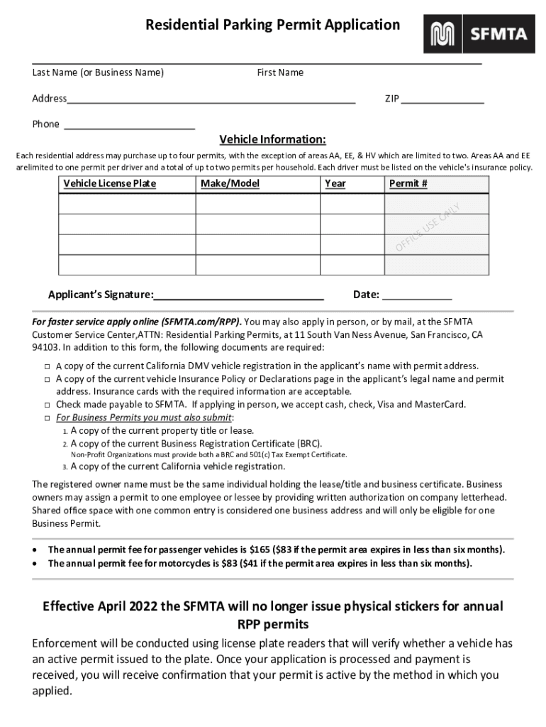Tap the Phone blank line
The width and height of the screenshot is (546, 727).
pyautogui.click(x=129, y=127)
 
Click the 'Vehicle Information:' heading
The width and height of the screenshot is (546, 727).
pyautogui.click(x=272, y=139)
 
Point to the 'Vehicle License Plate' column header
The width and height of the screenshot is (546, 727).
pyautogui.click(x=110, y=184)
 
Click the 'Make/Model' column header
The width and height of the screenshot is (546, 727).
pyautogui.click(x=230, y=184)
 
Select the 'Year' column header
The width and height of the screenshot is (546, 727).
pyautogui.click(x=335, y=184)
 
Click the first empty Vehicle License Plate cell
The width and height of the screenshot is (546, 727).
pyautogui.click(x=127, y=204)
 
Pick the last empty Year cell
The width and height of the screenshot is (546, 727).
pyautogui.click(x=352, y=265)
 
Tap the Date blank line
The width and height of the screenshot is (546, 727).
pyautogui.click(x=417, y=297)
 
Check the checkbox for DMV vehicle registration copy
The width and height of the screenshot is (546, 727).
pyautogui.click(x=46, y=366)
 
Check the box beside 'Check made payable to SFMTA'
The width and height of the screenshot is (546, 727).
pyautogui.click(x=46, y=405)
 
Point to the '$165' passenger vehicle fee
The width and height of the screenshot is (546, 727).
pyautogui.click(x=260, y=550)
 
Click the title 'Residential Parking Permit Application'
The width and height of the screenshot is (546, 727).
pyautogui.click(x=273, y=26)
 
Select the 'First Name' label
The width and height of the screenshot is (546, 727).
pyautogui.click(x=280, y=72)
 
